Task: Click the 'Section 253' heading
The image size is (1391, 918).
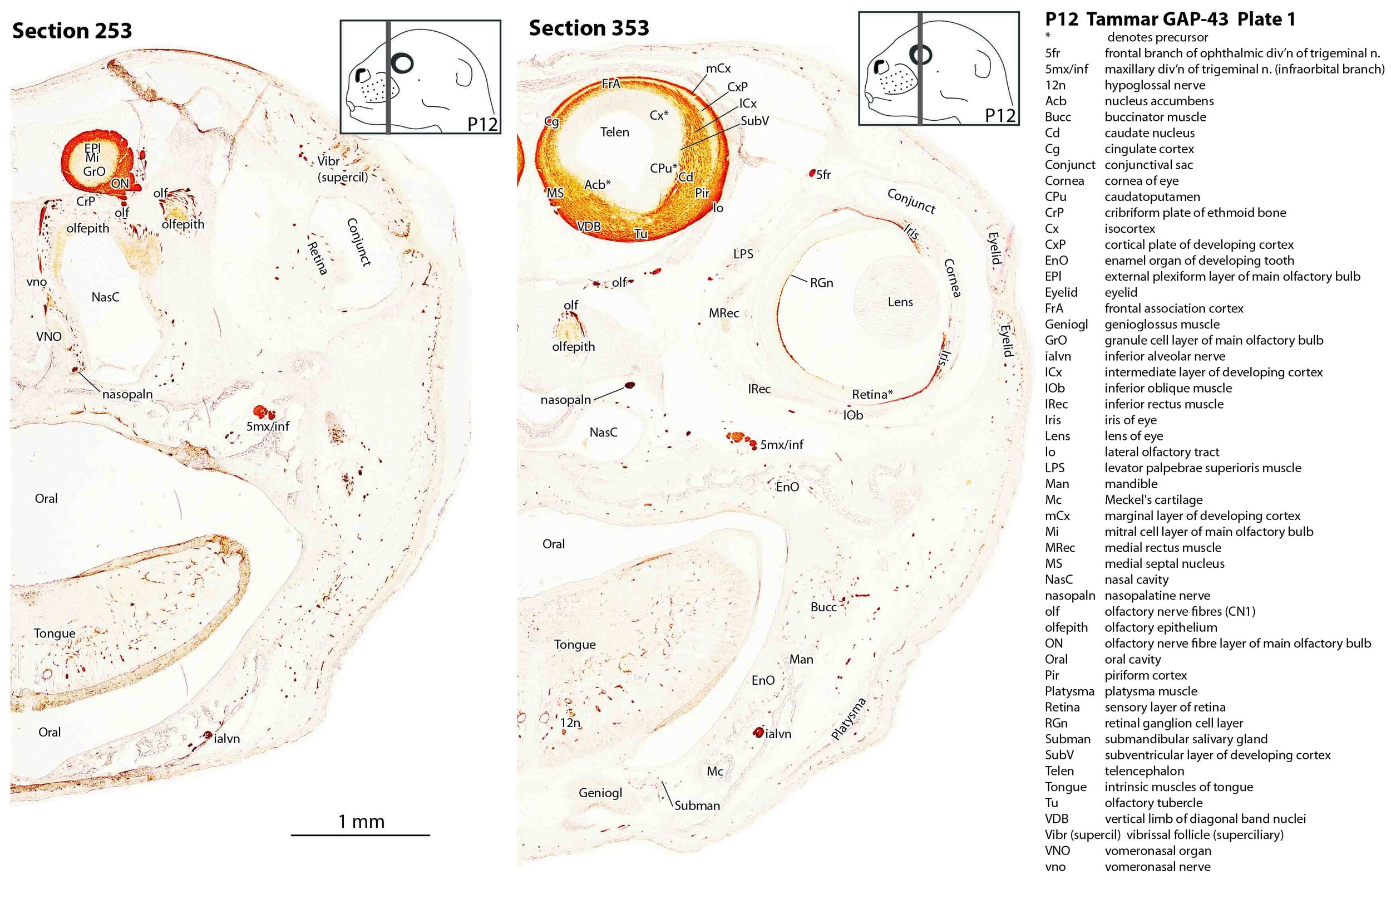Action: click(x=72, y=31)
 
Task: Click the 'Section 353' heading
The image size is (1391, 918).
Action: click(x=588, y=27)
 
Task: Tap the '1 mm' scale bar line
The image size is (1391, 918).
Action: click(x=360, y=835)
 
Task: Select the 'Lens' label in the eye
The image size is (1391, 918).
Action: click(x=900, y=302)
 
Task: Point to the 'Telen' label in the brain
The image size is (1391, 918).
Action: click(x=614, y=132)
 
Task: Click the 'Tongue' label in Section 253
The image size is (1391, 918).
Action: click(x=55, y=633)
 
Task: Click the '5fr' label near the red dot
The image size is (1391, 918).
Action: click(x=823, y=174)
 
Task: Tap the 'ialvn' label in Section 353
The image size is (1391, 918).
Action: click(x=778, y=734)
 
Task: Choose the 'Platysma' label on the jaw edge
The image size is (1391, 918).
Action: click(x=848, y=718)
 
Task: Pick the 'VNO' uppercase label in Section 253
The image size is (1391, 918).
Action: click(x=48, y=337)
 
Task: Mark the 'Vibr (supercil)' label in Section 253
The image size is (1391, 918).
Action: click(x=342, y=169)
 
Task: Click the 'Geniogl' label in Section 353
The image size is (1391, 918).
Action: click(x=600, y=793)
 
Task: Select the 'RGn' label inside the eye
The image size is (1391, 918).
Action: click(x=821, y=283)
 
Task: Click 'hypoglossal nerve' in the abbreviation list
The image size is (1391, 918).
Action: click(x=1155, y=85)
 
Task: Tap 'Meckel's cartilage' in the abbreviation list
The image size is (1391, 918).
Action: click(x=1153, y=499)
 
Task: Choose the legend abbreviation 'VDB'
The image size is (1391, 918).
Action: click(x=1056, y=818)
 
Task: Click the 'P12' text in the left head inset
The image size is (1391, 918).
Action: click(x=482, y=124)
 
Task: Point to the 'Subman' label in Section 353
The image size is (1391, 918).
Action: click(x=697, y=805)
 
